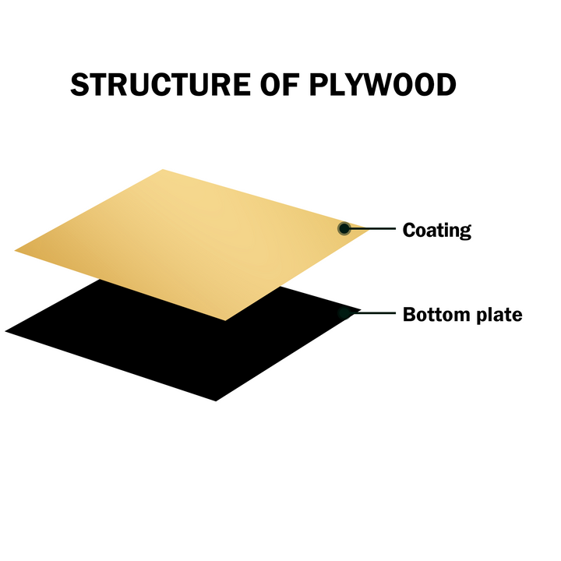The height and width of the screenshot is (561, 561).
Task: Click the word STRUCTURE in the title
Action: (161, 84)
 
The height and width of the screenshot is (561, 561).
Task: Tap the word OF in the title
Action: (280, 84)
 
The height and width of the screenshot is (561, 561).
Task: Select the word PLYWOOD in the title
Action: (383, 84)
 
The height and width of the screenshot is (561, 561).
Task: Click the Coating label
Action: (437, 230)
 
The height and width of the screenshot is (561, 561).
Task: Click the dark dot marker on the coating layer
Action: (344, 228)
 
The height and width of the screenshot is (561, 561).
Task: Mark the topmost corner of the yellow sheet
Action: (163, 169)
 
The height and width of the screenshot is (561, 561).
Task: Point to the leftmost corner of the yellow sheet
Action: (15, 251)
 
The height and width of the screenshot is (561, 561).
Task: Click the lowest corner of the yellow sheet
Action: (225, 320)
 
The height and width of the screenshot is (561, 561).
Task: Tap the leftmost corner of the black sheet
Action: (5, 331)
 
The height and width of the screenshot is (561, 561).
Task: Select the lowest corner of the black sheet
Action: (216, 401)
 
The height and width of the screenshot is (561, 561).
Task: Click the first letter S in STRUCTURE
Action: (79, 84)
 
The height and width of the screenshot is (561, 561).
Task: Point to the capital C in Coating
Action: (409, 230)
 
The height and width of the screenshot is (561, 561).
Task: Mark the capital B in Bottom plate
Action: (410, 315)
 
